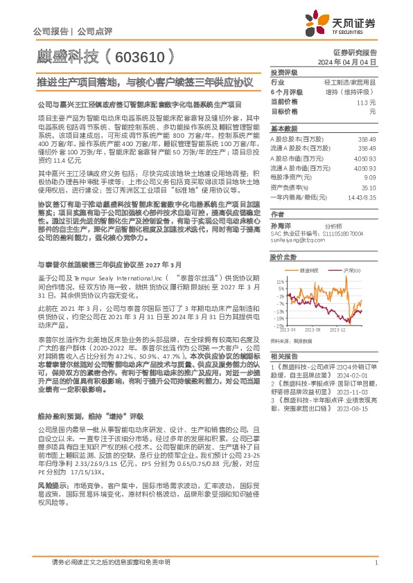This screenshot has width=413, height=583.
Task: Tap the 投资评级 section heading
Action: [283, 72]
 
